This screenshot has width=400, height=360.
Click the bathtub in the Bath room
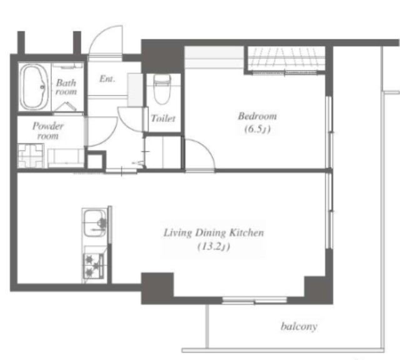(34, 87)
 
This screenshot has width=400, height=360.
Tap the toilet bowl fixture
(162, 89)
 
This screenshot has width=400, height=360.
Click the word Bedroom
(257, 116)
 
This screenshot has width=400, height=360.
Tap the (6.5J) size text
(257, 129)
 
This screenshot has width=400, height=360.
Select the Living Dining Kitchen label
(214, 233)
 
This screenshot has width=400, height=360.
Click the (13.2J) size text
(214, 246)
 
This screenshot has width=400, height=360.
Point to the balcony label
(299, 326)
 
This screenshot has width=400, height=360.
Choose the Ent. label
(107, 79)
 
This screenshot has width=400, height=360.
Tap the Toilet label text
(163, 118)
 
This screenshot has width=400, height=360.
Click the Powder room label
(48, 131)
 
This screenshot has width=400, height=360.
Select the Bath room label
(66, 87)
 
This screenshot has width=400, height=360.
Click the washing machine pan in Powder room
(31, 156)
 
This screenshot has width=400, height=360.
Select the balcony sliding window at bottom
(254, 301)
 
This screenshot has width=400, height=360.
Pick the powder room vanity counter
(66, 158)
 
